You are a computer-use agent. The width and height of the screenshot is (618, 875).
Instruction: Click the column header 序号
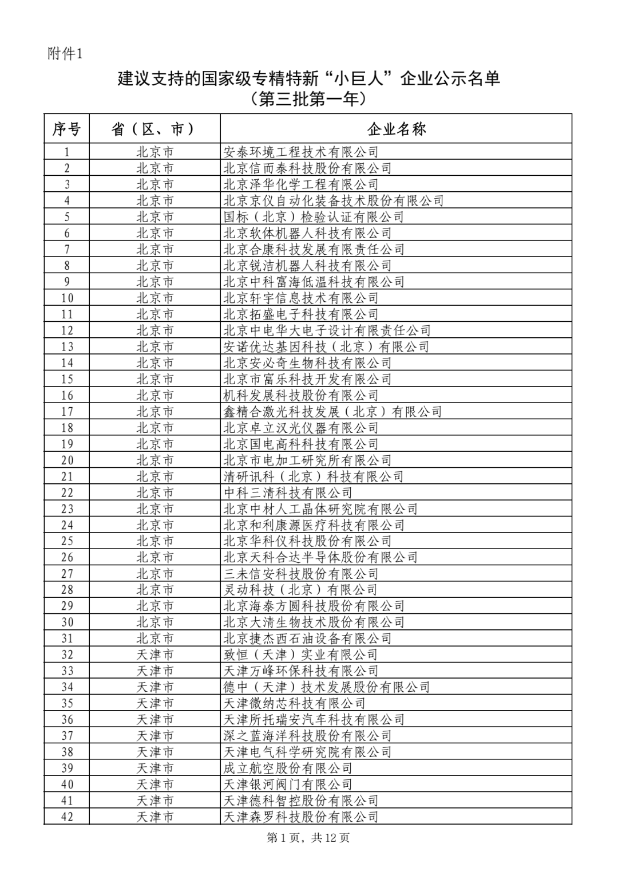66,129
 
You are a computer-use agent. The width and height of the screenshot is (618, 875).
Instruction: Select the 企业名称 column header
396,129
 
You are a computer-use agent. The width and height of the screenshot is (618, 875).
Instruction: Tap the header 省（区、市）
154,129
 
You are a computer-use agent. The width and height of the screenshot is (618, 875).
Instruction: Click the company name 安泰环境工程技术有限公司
301,152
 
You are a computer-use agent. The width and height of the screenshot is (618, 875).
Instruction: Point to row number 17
67,412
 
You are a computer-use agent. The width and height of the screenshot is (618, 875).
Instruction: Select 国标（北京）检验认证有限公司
314,217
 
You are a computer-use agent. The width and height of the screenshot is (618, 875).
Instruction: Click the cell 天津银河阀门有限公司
288,785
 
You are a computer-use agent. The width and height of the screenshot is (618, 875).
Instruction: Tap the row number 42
67,817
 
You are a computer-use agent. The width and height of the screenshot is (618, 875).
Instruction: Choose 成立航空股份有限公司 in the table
288,768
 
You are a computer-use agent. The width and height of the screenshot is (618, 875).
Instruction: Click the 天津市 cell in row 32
154,655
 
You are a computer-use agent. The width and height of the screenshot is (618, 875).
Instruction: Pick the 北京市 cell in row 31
154,638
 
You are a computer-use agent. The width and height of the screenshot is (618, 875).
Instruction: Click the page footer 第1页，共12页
308,838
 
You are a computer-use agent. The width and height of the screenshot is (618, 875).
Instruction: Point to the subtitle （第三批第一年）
308,100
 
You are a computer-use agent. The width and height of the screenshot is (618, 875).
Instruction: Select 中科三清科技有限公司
288,493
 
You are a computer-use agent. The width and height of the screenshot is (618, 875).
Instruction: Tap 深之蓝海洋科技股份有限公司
307,736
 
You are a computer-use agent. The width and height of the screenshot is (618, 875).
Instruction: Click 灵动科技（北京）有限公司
300,590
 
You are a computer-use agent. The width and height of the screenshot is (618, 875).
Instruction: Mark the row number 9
67,282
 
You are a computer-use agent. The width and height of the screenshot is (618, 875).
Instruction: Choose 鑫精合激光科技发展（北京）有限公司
332,412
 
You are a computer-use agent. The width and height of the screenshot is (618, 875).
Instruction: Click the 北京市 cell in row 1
154,152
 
